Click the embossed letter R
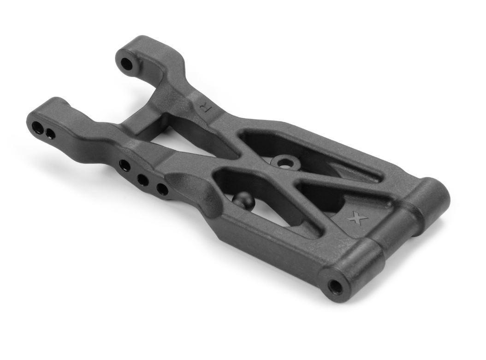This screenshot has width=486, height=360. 207,107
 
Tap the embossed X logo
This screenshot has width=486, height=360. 359,219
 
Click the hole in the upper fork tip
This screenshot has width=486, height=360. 126,64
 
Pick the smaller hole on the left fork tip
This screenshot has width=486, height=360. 50,133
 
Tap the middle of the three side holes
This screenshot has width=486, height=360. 142,180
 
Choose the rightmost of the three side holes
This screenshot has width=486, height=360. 162,189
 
